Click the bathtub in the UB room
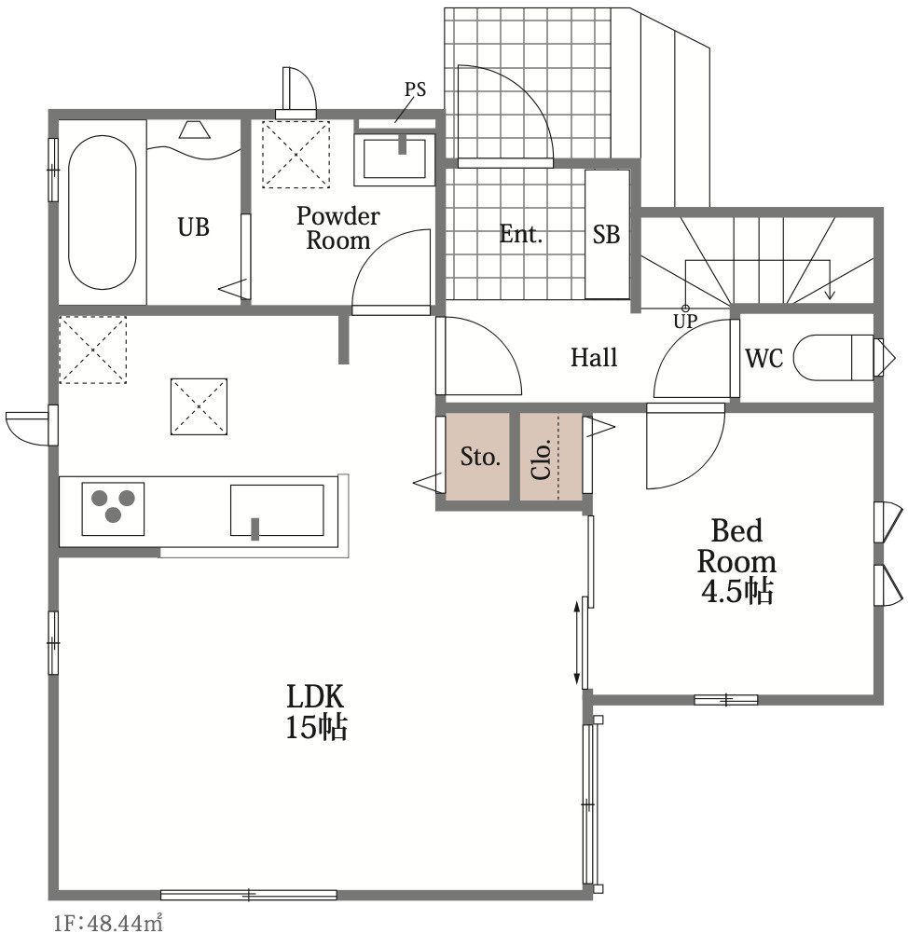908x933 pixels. (102, 213)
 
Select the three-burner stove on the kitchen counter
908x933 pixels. (113, 509)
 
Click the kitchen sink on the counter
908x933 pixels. (277, 510)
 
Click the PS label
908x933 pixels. (416, 89)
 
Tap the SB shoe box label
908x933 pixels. (606, 235)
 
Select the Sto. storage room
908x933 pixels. (478, 457)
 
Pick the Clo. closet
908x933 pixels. (551, 457)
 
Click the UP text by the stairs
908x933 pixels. (685, 322)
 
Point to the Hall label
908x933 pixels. (594, 358)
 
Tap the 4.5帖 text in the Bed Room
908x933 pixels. (736, 592)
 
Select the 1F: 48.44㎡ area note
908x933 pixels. (108, 923)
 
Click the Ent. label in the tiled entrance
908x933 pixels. (521, 234)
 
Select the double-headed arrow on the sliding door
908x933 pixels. (576, 642)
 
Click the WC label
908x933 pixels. (764, 358)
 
